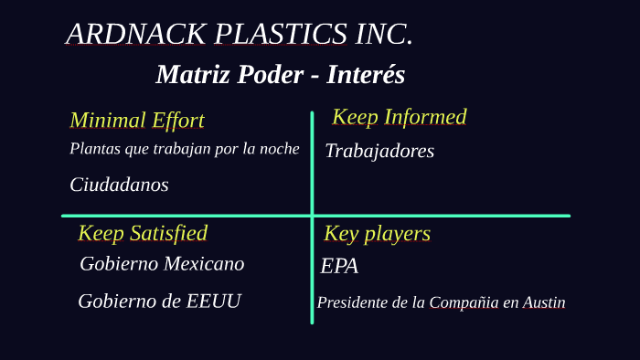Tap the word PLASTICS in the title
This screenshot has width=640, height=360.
pyautogui.click(x=281, y=34)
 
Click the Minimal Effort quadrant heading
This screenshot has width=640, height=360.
pyautogui.click(x=137, y=120)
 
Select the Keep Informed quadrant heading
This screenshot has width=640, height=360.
pyautogui.click(x=400, y=117)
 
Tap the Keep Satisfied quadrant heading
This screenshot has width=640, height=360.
pyautogui.click(x=143, y=233)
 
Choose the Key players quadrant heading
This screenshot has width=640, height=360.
pyautogui.click(x=377, y=234)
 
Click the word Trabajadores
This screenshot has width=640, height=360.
pyautogui.click(x=379, y=151)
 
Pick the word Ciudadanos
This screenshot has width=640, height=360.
pyautogui.click(x=119, y=185)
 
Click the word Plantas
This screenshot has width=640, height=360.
pyautogui.click(x=94, y=149)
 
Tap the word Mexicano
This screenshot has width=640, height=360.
pyautogui.click(x=204, y=264)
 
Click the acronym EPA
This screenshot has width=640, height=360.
pyautogui.click(x=339, y=267)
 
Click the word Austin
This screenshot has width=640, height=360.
pyautogui.click(x=544, y=302)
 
